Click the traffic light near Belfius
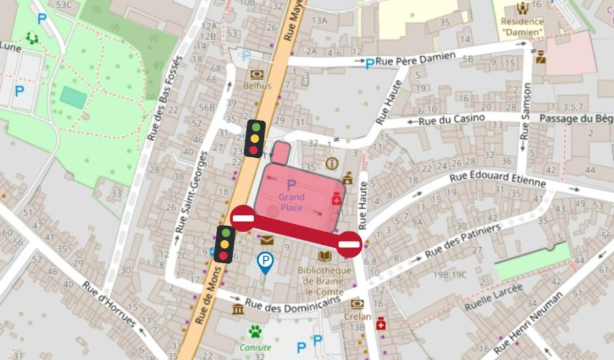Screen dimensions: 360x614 (255, 138)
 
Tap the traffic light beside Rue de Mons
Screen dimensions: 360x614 (224, 244)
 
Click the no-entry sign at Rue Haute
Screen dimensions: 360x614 (349, 244)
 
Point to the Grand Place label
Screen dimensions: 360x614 (291, 202)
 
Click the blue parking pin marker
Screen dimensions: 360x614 (264, 262)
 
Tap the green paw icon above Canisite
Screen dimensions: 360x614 (256, 331)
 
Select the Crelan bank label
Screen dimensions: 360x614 (357, 316)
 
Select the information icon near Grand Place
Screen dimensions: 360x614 (332, 163)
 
